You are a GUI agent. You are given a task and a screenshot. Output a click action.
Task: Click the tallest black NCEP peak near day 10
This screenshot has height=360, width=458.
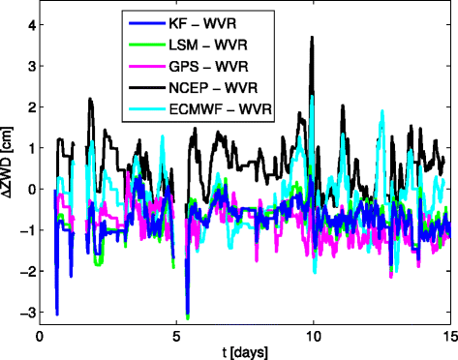312,37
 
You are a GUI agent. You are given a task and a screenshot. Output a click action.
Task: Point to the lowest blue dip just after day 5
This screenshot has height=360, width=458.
188,315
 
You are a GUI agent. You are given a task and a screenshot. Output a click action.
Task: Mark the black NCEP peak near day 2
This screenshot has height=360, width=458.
90,99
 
